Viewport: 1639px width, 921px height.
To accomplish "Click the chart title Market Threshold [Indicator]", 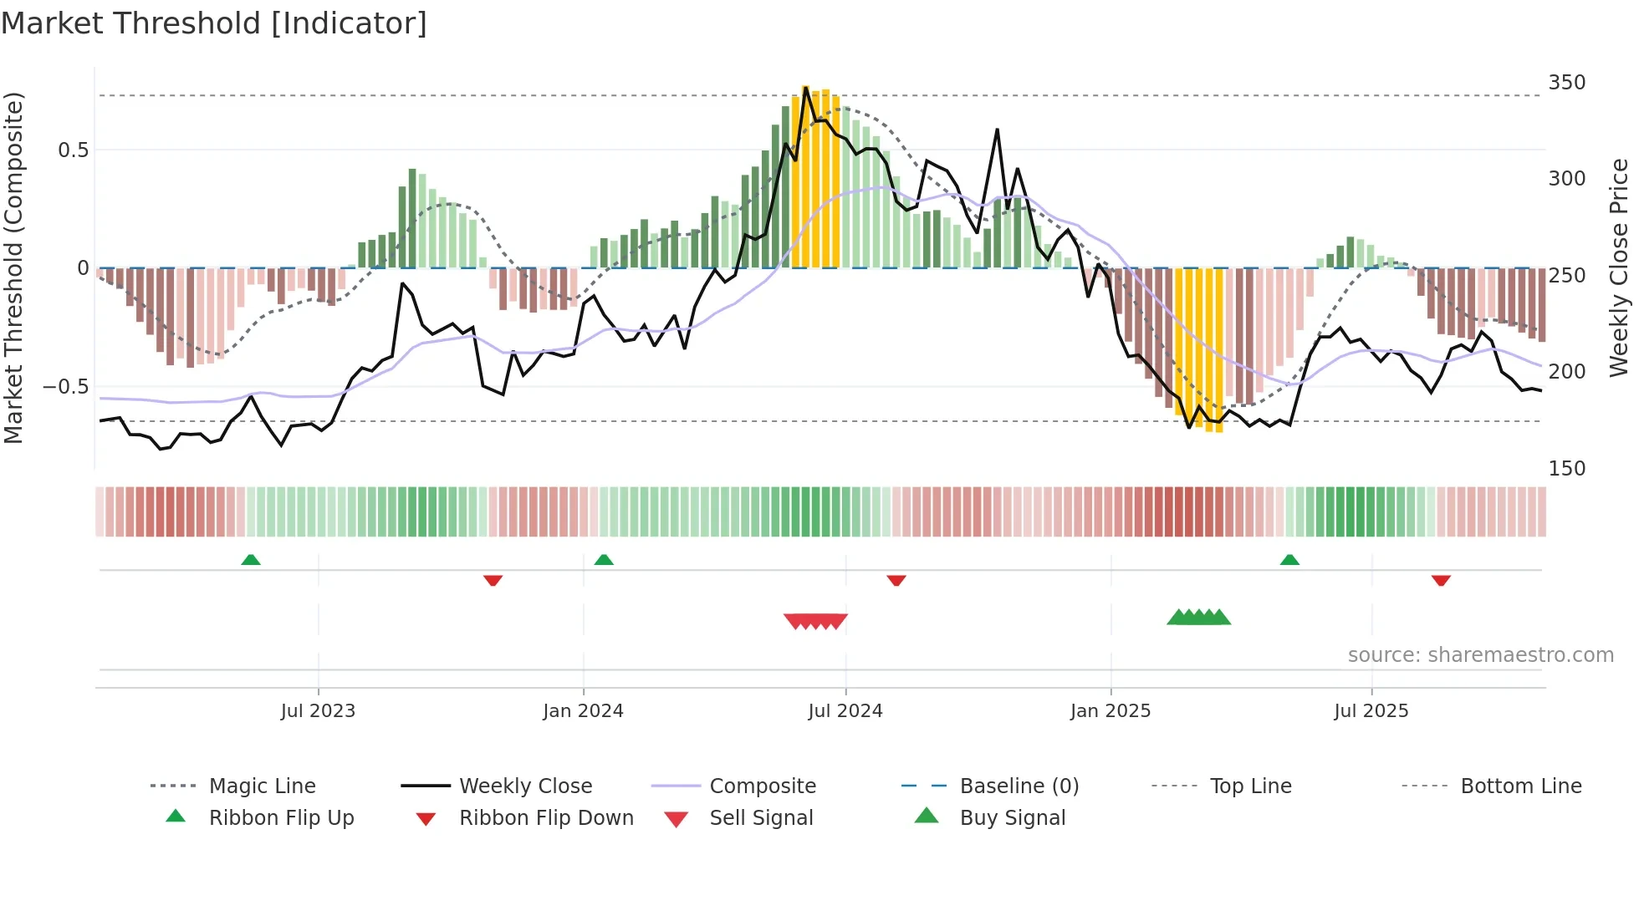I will point(214,23).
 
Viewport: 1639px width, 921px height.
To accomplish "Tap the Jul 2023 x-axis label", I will point(318,711).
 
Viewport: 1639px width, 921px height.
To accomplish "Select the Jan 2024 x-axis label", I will point(583,711).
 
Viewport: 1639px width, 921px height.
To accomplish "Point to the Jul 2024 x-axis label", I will point(845,711).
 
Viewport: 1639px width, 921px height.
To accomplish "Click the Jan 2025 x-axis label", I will point(1111,711).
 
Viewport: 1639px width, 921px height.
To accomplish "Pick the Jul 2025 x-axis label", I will point(1371,711).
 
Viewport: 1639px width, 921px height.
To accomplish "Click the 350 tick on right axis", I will point(1566,83).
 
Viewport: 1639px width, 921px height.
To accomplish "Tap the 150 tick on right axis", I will point(1566,469).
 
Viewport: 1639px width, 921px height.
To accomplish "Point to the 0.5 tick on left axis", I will point(73,150).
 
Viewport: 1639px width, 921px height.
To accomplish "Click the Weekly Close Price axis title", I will point(1619,267).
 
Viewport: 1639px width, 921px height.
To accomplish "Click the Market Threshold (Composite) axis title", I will point(13,267).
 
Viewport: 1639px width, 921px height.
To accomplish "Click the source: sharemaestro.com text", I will point(1480,655).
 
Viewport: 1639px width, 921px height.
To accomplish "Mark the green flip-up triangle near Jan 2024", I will point(604,560).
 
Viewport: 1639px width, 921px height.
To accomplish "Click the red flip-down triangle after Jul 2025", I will point(1441,580).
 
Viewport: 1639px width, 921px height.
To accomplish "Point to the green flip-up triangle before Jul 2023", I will point(251,560).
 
